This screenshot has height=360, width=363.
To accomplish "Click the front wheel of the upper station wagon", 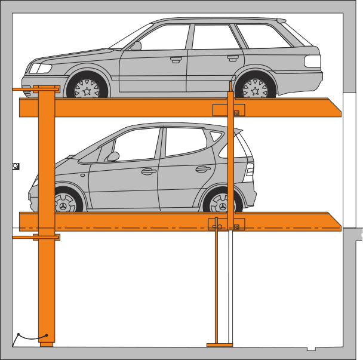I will click(x=88, y=89).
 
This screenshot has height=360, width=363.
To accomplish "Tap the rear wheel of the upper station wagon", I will click(x=255, y=89).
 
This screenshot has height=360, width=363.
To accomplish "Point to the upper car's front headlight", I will click(x=41, y=68).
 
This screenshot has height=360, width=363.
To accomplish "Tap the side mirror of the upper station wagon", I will click(x=136, y=45).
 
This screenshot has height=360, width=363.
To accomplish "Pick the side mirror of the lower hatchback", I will click(x=112, y=156).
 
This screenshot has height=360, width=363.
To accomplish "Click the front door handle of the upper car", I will click(x=176, y=59).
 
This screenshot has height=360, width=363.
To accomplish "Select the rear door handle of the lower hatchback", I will click(x=203, y=169).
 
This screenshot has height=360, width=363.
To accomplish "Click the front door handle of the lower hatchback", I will click(x=148, y=172).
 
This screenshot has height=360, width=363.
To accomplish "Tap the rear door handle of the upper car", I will click(x=232, y=57).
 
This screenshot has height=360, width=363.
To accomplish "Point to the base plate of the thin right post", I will click(x=219, y=344).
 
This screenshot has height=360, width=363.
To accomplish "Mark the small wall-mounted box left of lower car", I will click(x=16, y=167).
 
